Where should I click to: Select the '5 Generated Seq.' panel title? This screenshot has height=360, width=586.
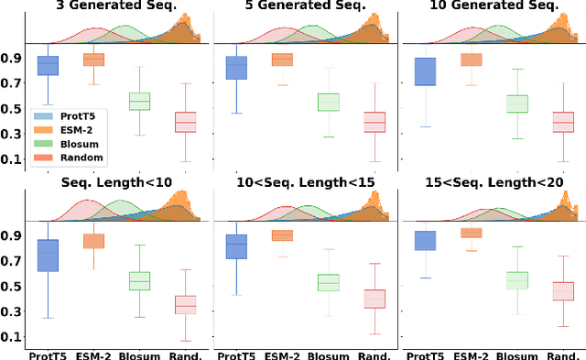tap(302, 6)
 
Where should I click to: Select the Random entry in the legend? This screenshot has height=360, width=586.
tap(76, 158)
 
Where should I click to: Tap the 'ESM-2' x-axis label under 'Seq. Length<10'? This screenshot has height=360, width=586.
tap(94, 354)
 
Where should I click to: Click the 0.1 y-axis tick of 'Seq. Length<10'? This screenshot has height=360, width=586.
tap(11, 337)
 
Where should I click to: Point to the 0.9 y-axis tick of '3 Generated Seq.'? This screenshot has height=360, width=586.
tap(11, 58)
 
